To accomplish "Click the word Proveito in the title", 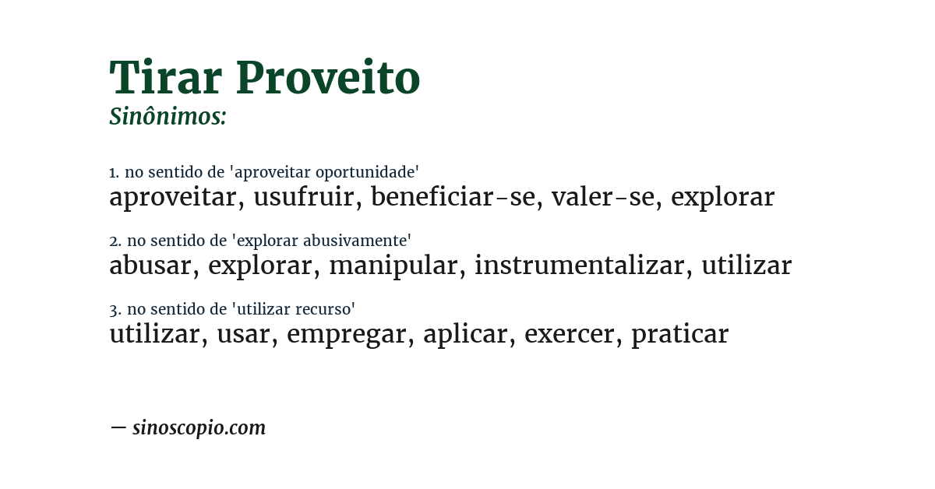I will pyautogui.click(x=328, y=78).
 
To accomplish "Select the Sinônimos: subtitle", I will pyautogui.click(x=168, y=117).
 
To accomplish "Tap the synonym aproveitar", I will pyautogui.click(x=172, y=198).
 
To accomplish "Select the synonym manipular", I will pyautogui.click(x=393, y=266).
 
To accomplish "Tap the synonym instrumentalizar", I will pyautogui.click(x=579, y=266).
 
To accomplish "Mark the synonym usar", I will pyautogui.click(x=244, y=335).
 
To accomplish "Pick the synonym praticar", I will pyautogui.click(x=679, y=335).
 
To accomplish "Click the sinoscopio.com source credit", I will pyautogui.click(x=199, y=428).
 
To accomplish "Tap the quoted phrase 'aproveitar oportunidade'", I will pyautogui.click(x=326, y=173).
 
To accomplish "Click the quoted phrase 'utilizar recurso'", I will pyautogui.click(x=294, y=309).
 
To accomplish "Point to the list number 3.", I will pyautogui.click(x=114, y=310).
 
